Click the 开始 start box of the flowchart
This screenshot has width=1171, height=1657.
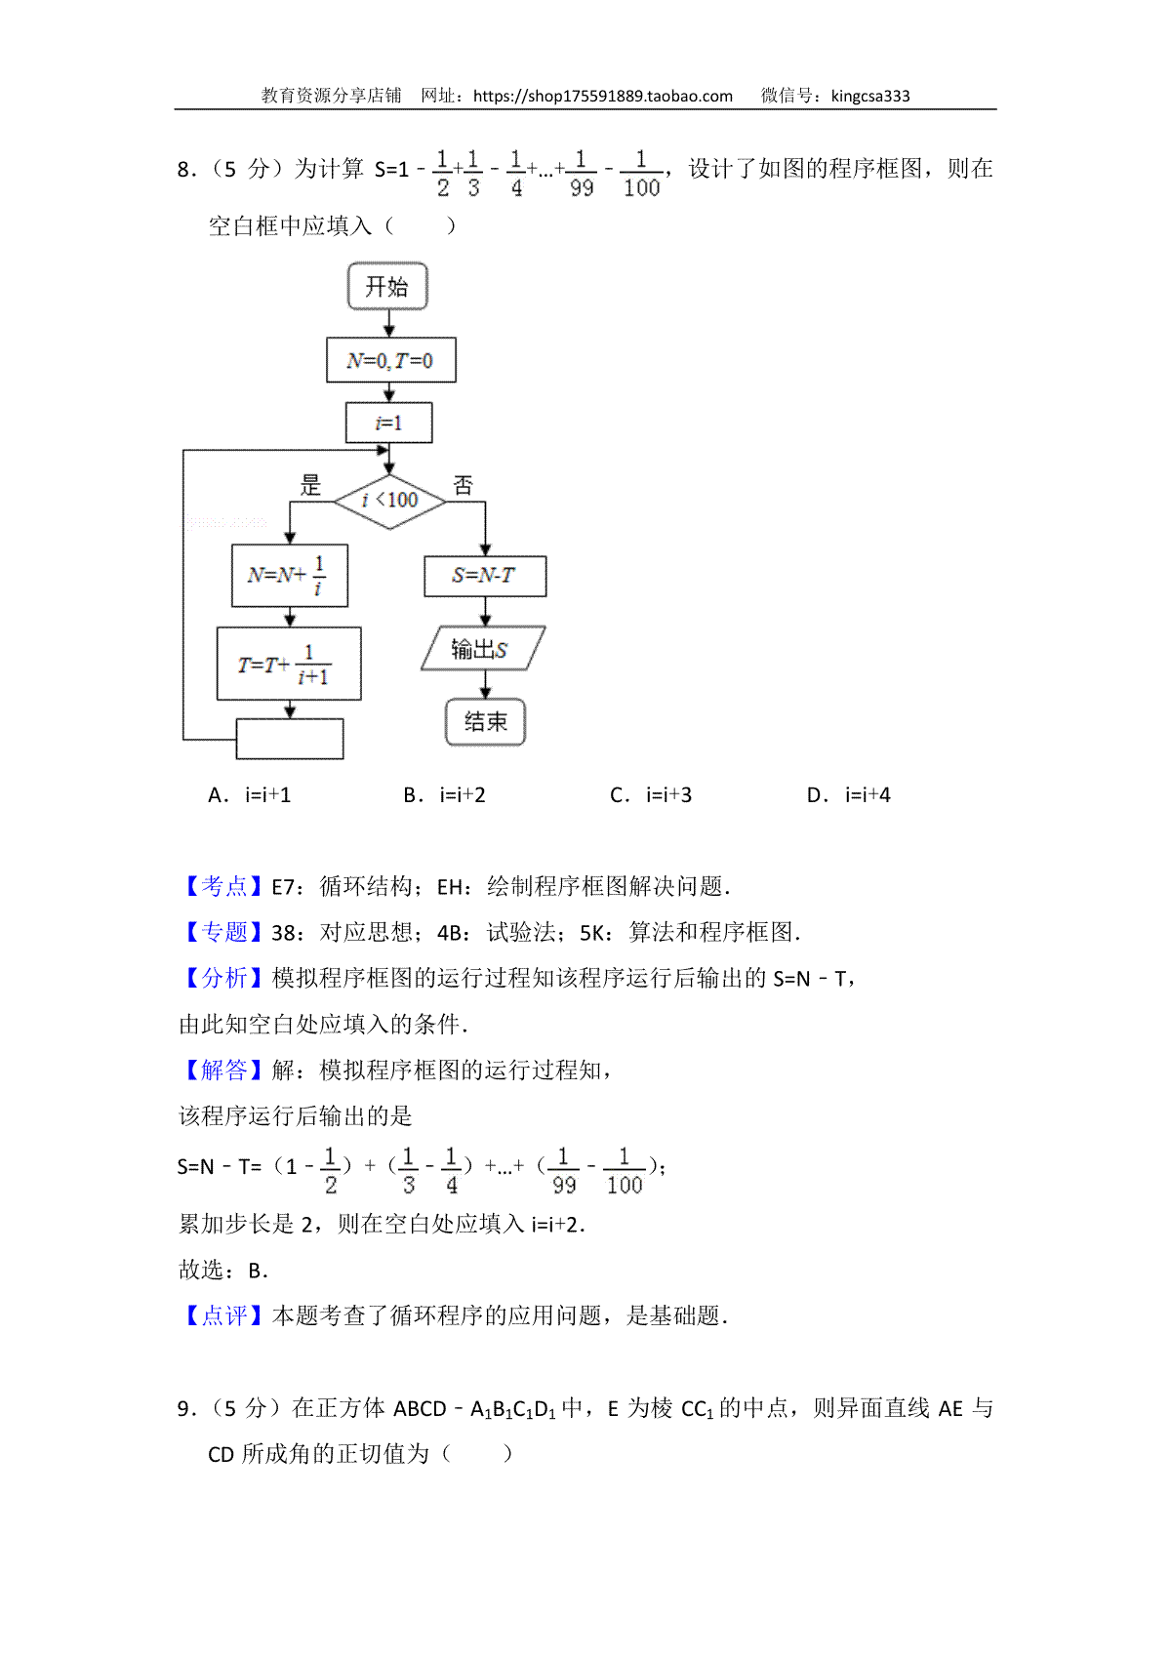click(x=386, y=286)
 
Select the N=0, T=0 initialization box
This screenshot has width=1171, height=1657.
click(x=390, y=360)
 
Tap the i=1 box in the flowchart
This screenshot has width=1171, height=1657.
click(x=388, y=423)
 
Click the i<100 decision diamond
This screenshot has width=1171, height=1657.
click(x=389, y=502)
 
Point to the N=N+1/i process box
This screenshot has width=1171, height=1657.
click(x=289, y=576)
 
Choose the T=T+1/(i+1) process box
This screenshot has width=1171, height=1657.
click(x=289, y=664)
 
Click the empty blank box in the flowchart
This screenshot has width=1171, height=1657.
click(x=289, y=739)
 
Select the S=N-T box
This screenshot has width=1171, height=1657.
click(x=485, y=576)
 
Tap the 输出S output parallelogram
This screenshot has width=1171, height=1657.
click(x=483, y=649)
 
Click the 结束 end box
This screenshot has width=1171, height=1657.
click(x=485, y=721)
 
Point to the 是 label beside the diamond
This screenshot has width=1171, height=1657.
click(x=310, y=485)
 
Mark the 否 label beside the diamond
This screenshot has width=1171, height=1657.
click(x=464, y=485)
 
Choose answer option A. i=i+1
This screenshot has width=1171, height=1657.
click(x=249, y=795)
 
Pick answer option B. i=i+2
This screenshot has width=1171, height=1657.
click(x=445, y=795)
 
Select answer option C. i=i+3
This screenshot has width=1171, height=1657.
click(x=651, y=795)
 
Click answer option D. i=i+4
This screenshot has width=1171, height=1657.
click(x=848, y=795)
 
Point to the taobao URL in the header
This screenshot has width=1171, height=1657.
click(x=603, y=97)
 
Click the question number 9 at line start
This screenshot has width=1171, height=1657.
click(x=184, y=1408)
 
